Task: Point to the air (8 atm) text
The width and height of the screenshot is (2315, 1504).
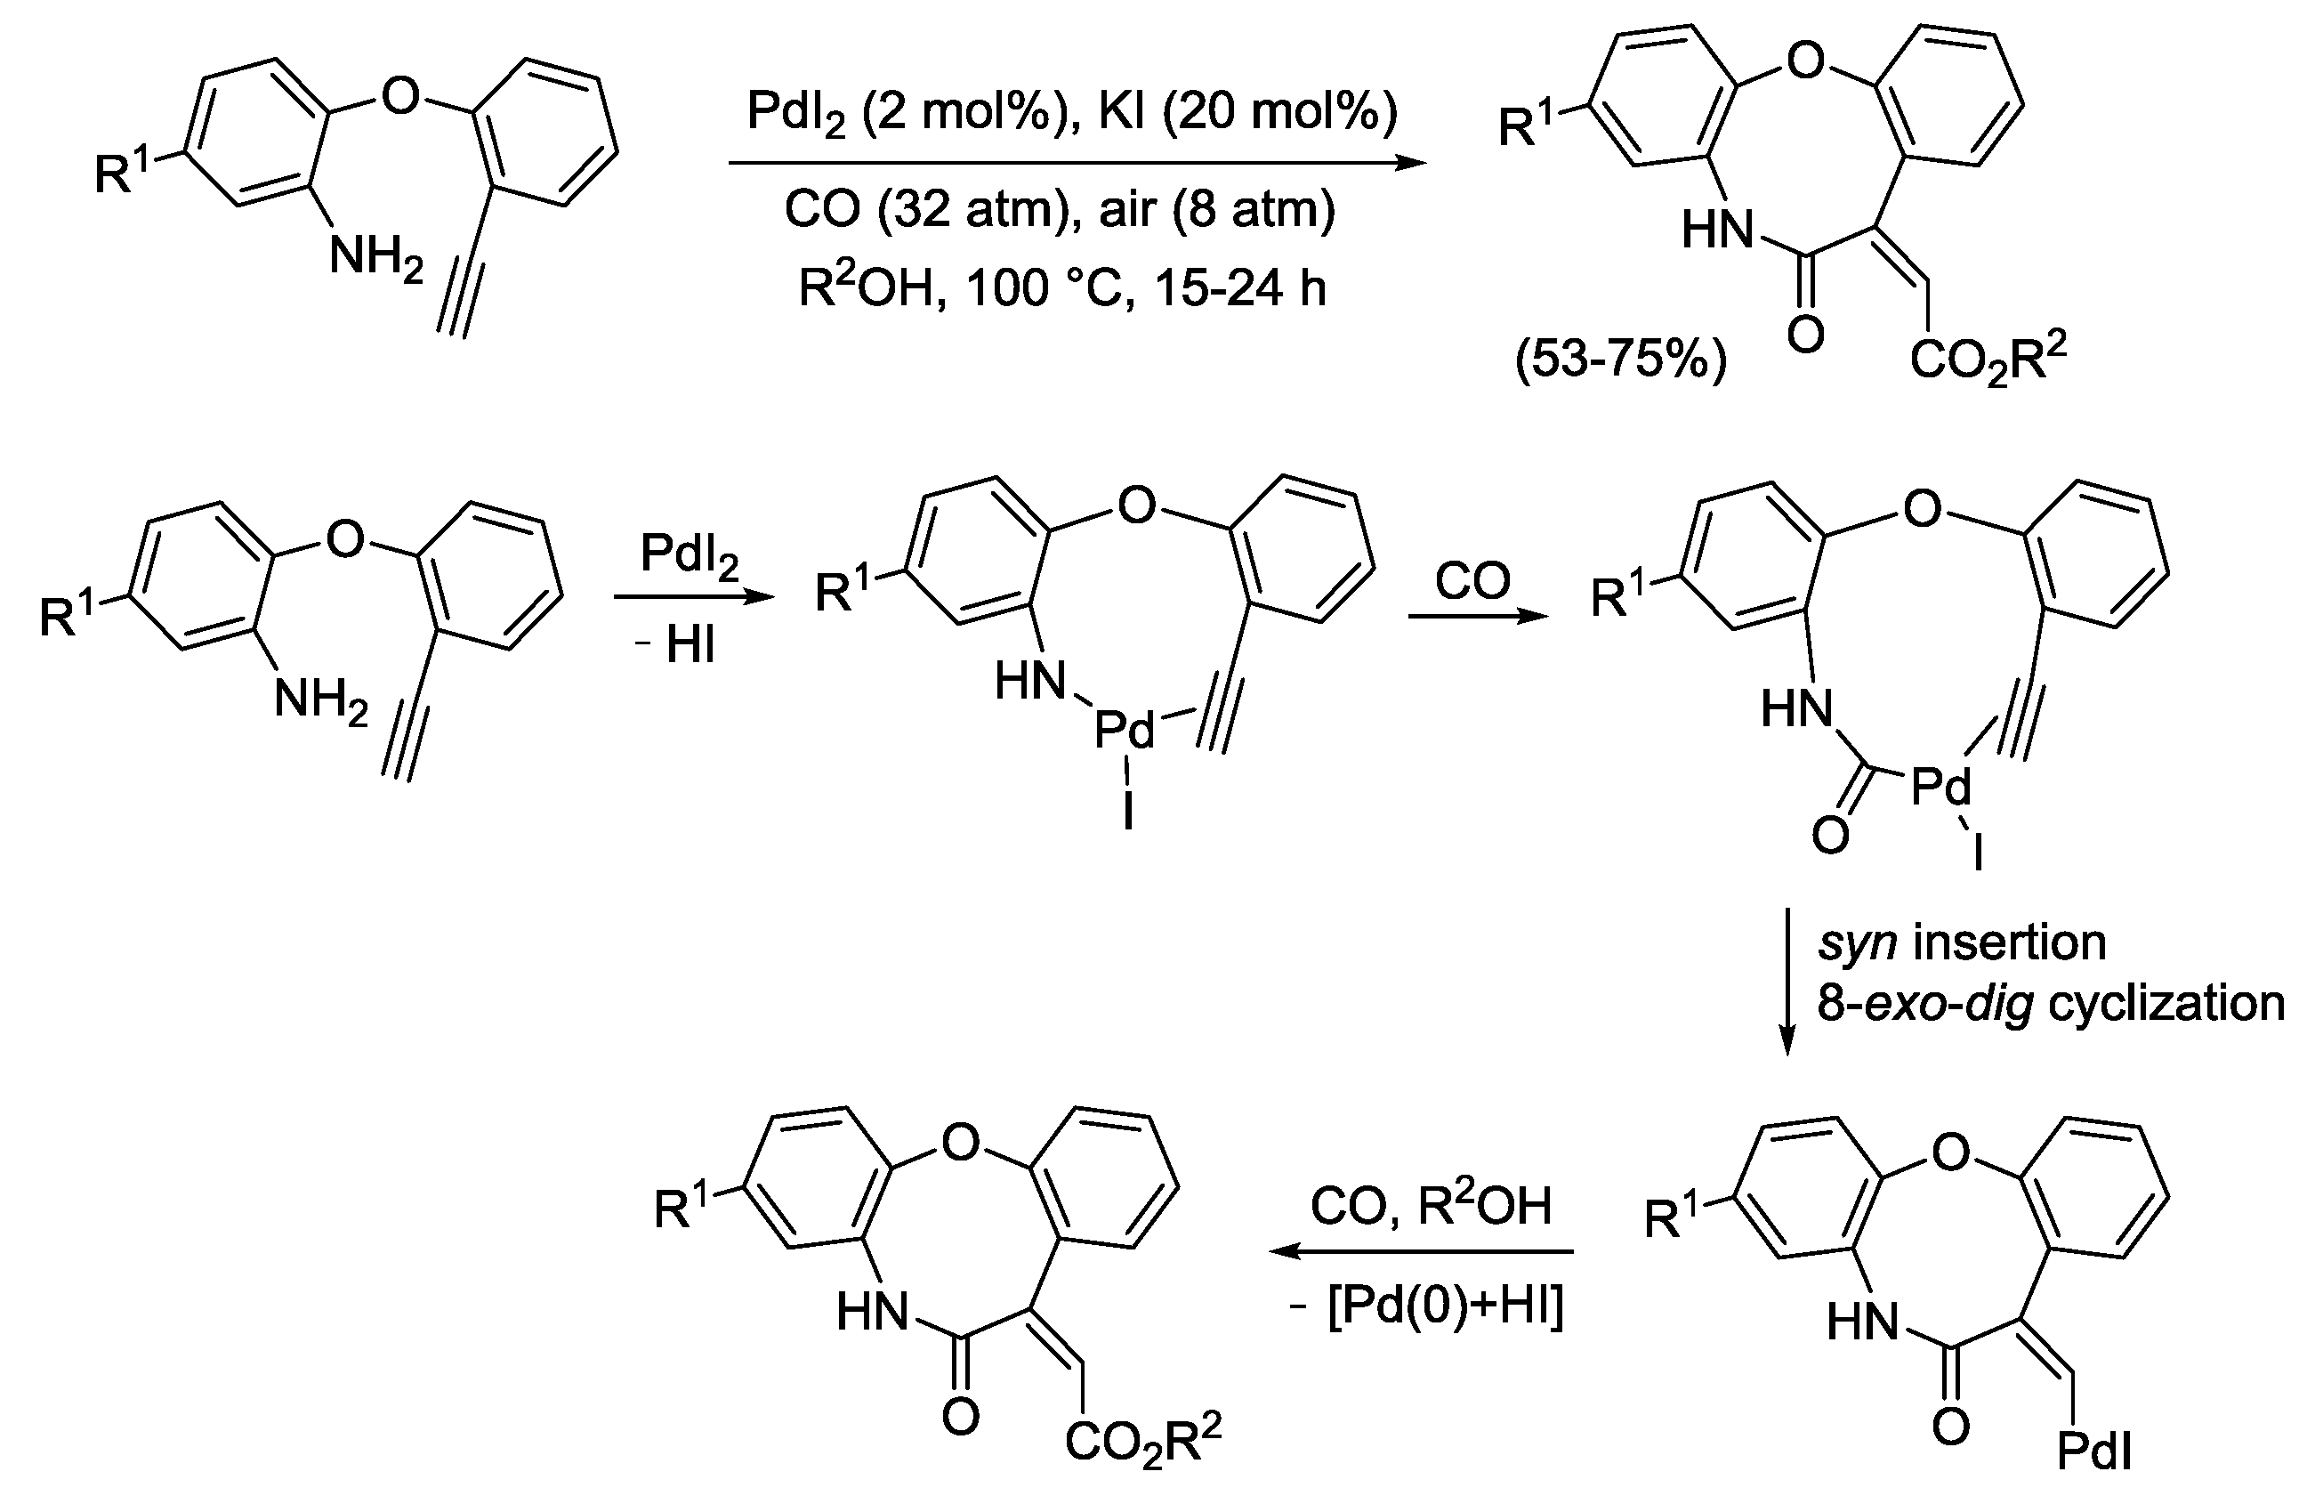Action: coord(1216,210)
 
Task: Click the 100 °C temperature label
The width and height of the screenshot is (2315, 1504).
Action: coord(1051,289)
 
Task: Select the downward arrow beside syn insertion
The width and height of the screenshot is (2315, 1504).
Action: coord(1786,982)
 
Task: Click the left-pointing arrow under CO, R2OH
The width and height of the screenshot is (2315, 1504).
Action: coord(1420,1253)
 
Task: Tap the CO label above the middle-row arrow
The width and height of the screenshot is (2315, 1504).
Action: coord(1472,582)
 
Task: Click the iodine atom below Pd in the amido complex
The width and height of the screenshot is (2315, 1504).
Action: coord(1127,813)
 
